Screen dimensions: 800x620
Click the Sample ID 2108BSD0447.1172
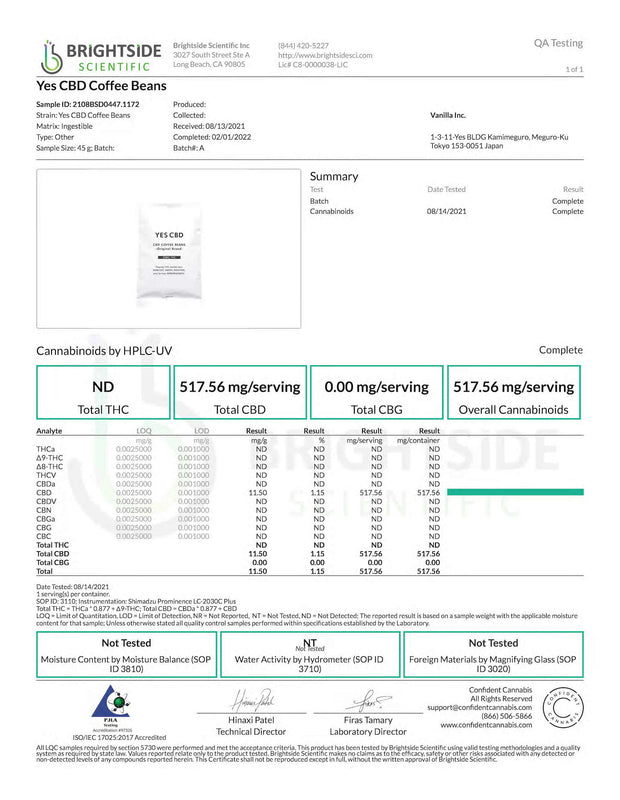point(88,104)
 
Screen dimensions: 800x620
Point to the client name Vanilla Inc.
point(450,115)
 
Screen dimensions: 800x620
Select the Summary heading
point(334,176)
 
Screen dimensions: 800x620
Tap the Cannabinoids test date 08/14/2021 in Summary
point(446,212)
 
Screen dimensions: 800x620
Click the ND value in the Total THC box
point(103,387)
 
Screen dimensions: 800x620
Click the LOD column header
point(201,430)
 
